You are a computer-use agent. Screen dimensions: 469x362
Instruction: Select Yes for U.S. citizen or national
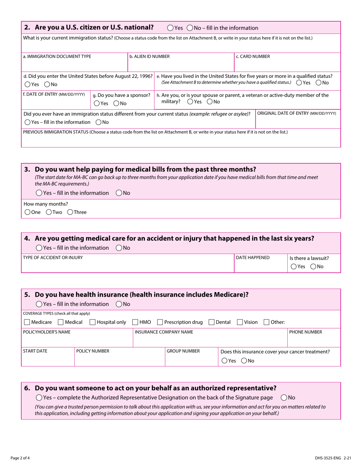170,28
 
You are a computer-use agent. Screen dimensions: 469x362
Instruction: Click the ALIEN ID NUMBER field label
149,56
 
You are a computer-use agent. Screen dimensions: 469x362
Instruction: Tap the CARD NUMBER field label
253,56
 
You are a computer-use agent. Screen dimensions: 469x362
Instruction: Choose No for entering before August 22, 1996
47,84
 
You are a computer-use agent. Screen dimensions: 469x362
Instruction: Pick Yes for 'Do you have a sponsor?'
97,103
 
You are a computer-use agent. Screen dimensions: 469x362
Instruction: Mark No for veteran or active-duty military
210,101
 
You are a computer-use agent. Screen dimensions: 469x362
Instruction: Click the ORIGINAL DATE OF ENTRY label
297,113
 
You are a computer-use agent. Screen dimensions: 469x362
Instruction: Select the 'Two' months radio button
49,212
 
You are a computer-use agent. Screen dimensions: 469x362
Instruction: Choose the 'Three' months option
70,212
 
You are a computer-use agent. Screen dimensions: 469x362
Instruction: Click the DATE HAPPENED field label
253,257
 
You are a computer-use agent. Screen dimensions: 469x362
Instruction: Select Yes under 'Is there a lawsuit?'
293,267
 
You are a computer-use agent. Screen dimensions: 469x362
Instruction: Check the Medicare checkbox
27,322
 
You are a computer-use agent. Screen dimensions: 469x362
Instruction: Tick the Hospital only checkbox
93,322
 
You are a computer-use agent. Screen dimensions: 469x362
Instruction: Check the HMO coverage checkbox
135,322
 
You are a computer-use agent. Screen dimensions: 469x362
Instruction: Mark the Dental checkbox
211,322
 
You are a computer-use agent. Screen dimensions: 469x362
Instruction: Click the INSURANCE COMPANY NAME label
163,332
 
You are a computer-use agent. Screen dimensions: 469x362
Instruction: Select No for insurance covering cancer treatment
244,361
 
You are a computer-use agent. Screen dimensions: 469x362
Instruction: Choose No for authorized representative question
284,397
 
